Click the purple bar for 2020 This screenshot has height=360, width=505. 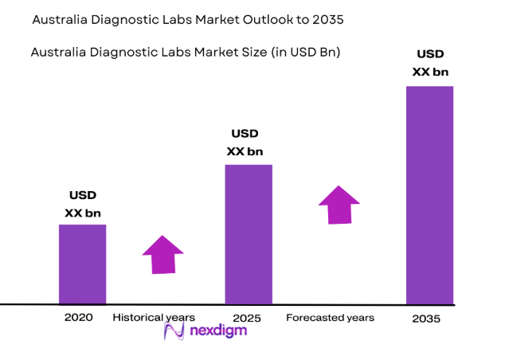click(82, 264)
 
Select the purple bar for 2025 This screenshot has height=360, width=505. click(249, 234)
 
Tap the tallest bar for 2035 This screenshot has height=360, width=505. click(429, 195)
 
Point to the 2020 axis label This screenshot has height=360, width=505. click(79, 317)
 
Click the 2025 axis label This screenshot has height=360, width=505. click(247, 318)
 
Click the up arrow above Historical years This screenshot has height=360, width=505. click(162, 254)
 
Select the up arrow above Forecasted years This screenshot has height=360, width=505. click(339, 205)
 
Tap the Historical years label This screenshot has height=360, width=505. click(154, 317)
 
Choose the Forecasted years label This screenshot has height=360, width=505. click(330, 318)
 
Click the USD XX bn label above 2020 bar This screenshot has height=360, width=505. click(83, 205)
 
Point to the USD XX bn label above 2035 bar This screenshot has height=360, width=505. click(430, 64)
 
